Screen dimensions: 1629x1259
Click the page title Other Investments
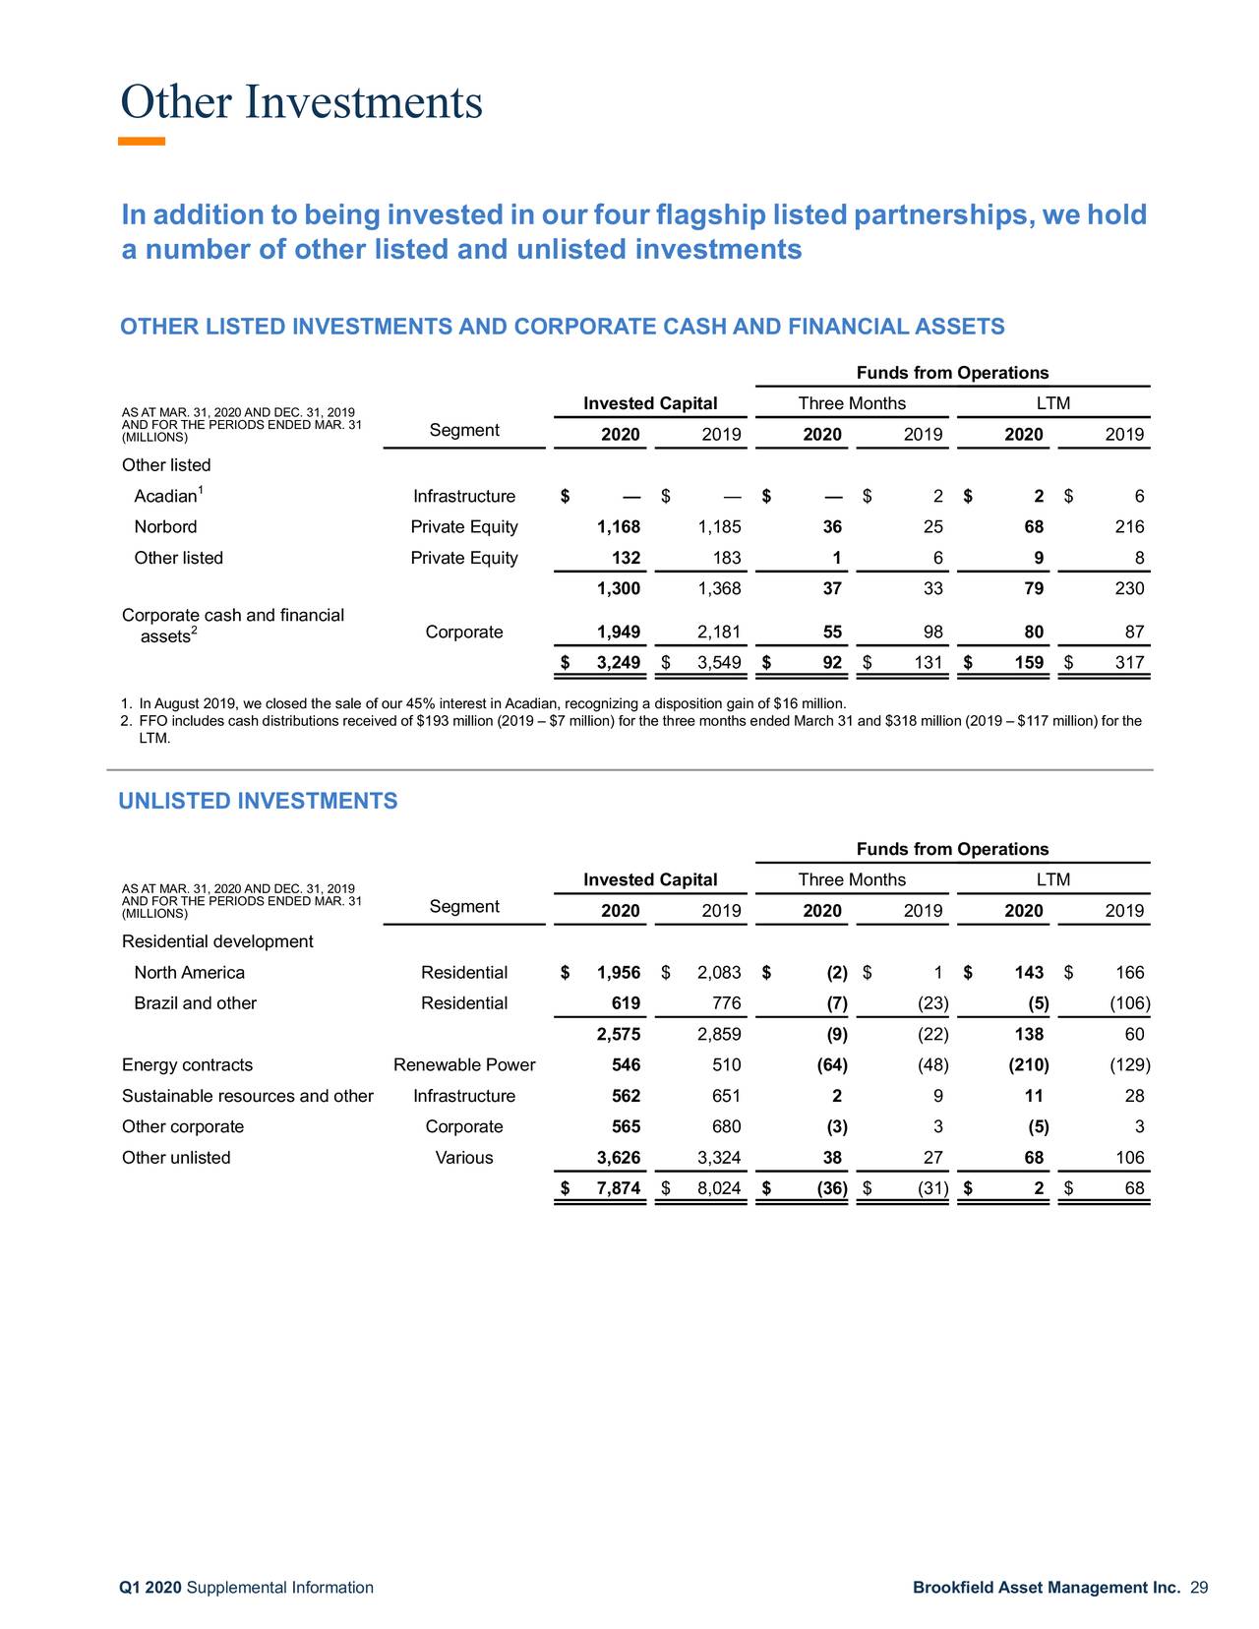coord(301,102)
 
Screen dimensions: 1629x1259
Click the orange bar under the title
coord(142,142)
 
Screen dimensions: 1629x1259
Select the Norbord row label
coord(165,527)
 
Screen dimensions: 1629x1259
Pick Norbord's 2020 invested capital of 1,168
coord(619,527)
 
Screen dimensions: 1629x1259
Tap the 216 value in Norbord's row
coord(1129,527)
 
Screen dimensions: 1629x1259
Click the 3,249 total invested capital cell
coord(619,663)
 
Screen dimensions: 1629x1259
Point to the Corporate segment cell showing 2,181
coord(720,632)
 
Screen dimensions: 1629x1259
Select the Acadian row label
coord(164,497)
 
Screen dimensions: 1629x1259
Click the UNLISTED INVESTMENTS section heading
coord(258,801)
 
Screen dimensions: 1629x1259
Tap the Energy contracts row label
coord(187,1065)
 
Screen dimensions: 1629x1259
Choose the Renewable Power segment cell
coord(464,1065)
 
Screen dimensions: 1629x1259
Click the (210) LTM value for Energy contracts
coord(1029,1065)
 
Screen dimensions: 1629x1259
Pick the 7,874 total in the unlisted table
coord(619,1188)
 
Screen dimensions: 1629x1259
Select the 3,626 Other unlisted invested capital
coord(619,1158)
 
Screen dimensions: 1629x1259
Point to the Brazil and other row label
coord(195,1003)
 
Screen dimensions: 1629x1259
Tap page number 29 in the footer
coord(1199,1588)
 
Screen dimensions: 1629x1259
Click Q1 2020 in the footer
coord(150,1588)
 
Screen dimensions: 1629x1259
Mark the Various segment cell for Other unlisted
coord(464,1158)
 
